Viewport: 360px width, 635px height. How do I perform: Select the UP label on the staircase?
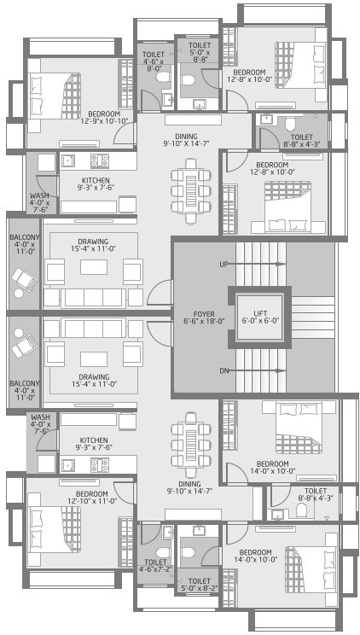coord(224,265)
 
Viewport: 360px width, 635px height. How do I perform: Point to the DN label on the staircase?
coord(224,371)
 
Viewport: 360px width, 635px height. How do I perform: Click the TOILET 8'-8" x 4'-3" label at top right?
coord(301,140)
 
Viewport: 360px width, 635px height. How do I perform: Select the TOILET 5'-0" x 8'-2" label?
coord(200,584)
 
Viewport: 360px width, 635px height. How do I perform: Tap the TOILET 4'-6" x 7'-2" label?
coord(155,566)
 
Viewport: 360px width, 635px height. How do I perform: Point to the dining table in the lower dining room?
coord(189,438)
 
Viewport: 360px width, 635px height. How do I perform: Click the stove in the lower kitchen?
coord(97,466)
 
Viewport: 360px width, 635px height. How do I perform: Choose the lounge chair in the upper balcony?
coord(23,278)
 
